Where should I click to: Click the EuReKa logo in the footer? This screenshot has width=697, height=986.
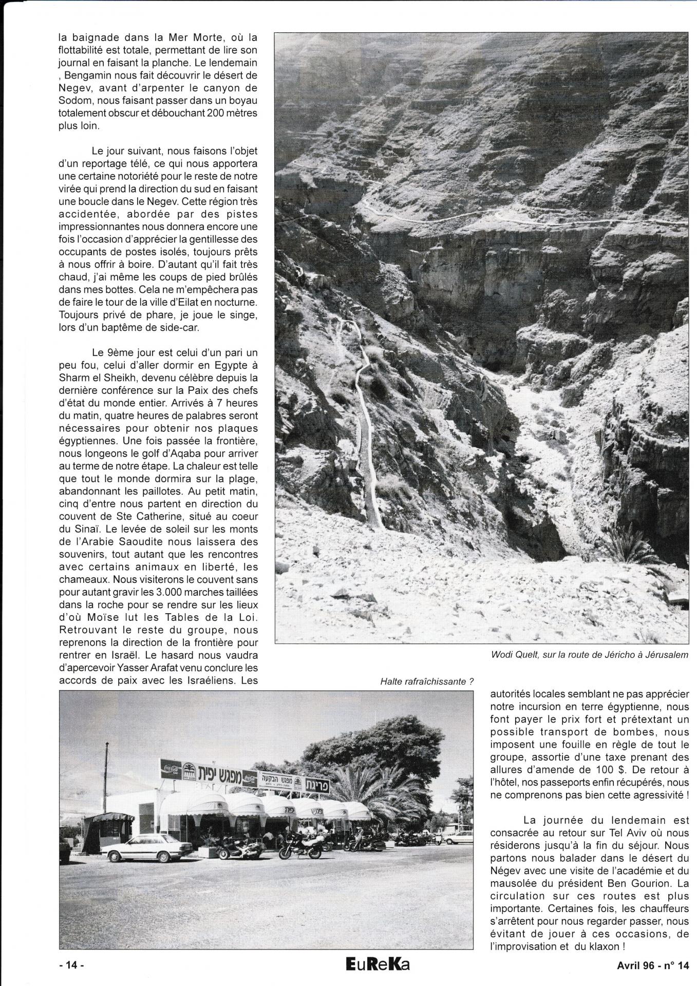378,965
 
